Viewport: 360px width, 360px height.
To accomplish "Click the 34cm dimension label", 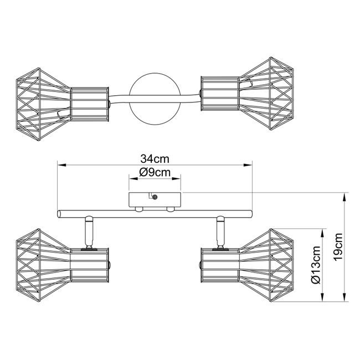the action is [x=155, y=159].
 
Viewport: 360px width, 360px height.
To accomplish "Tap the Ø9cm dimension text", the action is [x=155, y=172].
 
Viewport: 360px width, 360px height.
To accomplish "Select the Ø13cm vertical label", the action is [x=316, y=265].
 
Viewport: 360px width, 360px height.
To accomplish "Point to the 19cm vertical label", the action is [x=338, y=247].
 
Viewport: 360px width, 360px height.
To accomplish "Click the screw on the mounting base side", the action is [x=155, y=197].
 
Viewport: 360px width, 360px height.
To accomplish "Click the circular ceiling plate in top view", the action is [x=155, y=99].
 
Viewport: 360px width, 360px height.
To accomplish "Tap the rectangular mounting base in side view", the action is [x=155, y=199].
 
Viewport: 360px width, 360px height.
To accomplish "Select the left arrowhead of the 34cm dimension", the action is [x=61, y=165].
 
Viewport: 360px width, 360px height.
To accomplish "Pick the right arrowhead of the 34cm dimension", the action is [x=248, y=165].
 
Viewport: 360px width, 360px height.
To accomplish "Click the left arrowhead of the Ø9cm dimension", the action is [x=133, y=178].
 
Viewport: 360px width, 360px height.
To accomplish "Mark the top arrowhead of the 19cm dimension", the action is [x=344, y=198].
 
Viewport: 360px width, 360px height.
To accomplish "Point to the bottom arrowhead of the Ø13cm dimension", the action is [x=322, y=297].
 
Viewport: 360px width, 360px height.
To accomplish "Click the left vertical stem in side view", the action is [x=89, y=233].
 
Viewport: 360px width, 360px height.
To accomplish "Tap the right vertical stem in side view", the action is [x=220, y=233].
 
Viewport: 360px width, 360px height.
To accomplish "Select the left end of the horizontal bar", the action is [x=60, y=214].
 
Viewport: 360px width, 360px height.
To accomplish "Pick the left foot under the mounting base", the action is [x=139, y=209].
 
